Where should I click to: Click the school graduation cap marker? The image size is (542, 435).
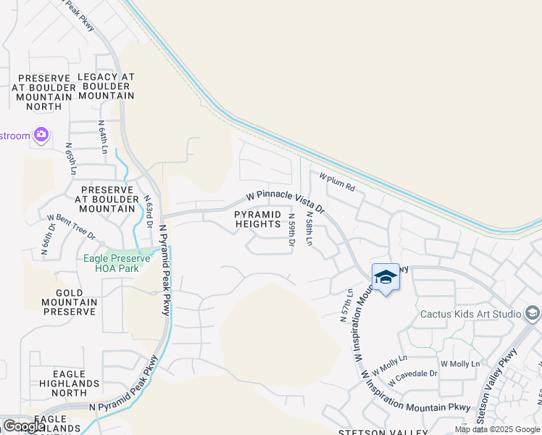[x=385, y=277]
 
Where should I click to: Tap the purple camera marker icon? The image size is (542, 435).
[x=41, y=135]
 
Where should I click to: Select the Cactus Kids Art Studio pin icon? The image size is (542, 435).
[x=533, y=313]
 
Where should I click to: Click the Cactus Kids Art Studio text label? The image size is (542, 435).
[x=471, y=314]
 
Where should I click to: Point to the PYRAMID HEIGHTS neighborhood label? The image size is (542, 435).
[x=257, y=219]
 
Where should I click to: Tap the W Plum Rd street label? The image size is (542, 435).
[x=337, y=181]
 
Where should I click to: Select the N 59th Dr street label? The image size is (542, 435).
[x=292, y=230]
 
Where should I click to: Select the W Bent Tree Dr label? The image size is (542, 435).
[x=71, y=225]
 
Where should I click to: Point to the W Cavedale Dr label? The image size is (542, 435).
[x=412, y=377]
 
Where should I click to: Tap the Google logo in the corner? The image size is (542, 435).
[x=25, y=426]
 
